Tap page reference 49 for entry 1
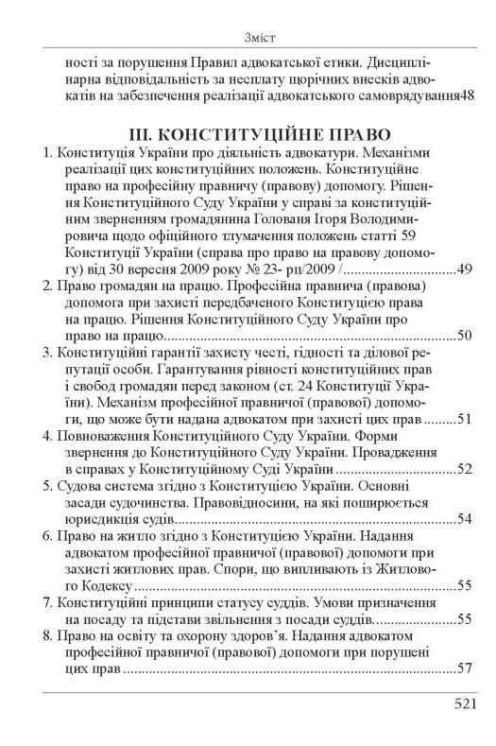tap(463, 269)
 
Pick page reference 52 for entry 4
tap(463, 468)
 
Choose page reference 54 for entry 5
tap(463, 518)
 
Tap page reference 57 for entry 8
tap(463, 668)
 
